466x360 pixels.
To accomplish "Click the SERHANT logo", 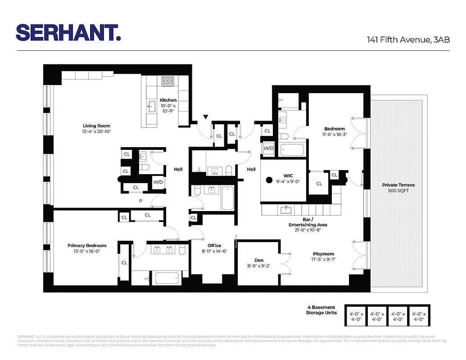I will click(68, 32).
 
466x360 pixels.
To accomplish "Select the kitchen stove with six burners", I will click(168, 81).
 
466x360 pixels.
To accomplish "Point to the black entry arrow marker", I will click(206, 117).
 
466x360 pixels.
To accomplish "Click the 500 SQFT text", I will click(398, 191).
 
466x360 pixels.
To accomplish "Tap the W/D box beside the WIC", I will click(268, 148).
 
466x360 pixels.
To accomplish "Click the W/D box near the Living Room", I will click(158, 182).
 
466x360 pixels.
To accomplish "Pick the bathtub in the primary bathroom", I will click(168, 278).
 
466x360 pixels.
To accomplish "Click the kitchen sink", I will click(151, 107).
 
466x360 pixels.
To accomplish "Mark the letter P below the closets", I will click(140, 201).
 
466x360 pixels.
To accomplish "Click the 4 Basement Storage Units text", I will click(321, 310).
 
